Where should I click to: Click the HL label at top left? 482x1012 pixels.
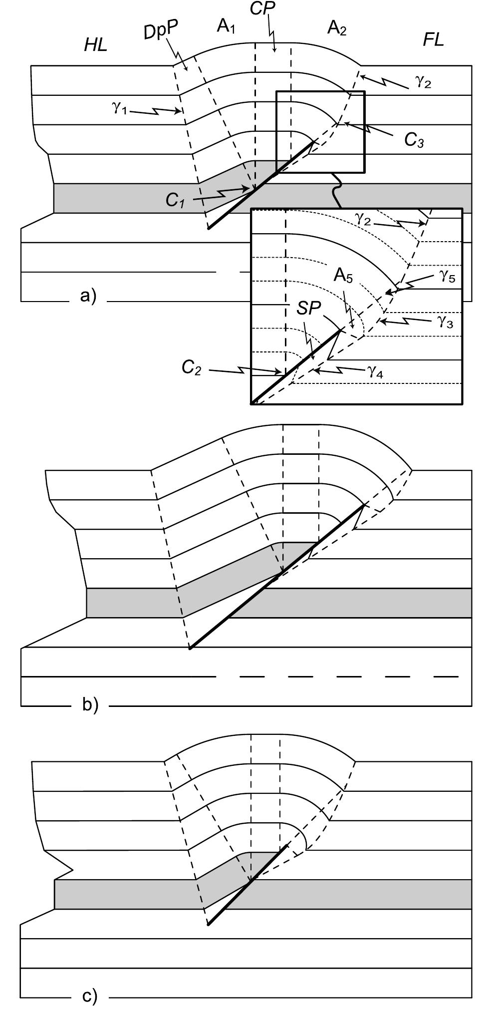click(96, 45)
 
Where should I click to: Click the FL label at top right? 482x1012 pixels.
click(433, 39)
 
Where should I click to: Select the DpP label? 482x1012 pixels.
click(160, 32)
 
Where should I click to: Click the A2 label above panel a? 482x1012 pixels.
click(336, 28)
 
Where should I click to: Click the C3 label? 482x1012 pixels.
click(414, 140)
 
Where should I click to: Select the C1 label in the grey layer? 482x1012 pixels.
click(176, 199)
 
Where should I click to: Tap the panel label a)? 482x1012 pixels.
click(88, 296)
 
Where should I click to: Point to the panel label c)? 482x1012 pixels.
click(90, 997)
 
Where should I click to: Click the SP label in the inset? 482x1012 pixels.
click(308, 308)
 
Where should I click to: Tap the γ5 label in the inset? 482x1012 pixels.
click(447, 276)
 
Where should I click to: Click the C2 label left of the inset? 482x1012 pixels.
click(191, 368)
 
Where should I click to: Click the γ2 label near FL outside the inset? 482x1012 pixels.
click(423, 82)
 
